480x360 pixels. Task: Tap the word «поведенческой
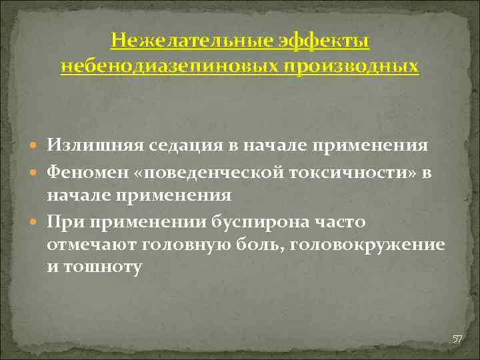tap(206, 172)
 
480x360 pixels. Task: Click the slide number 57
tap(457, 339)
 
